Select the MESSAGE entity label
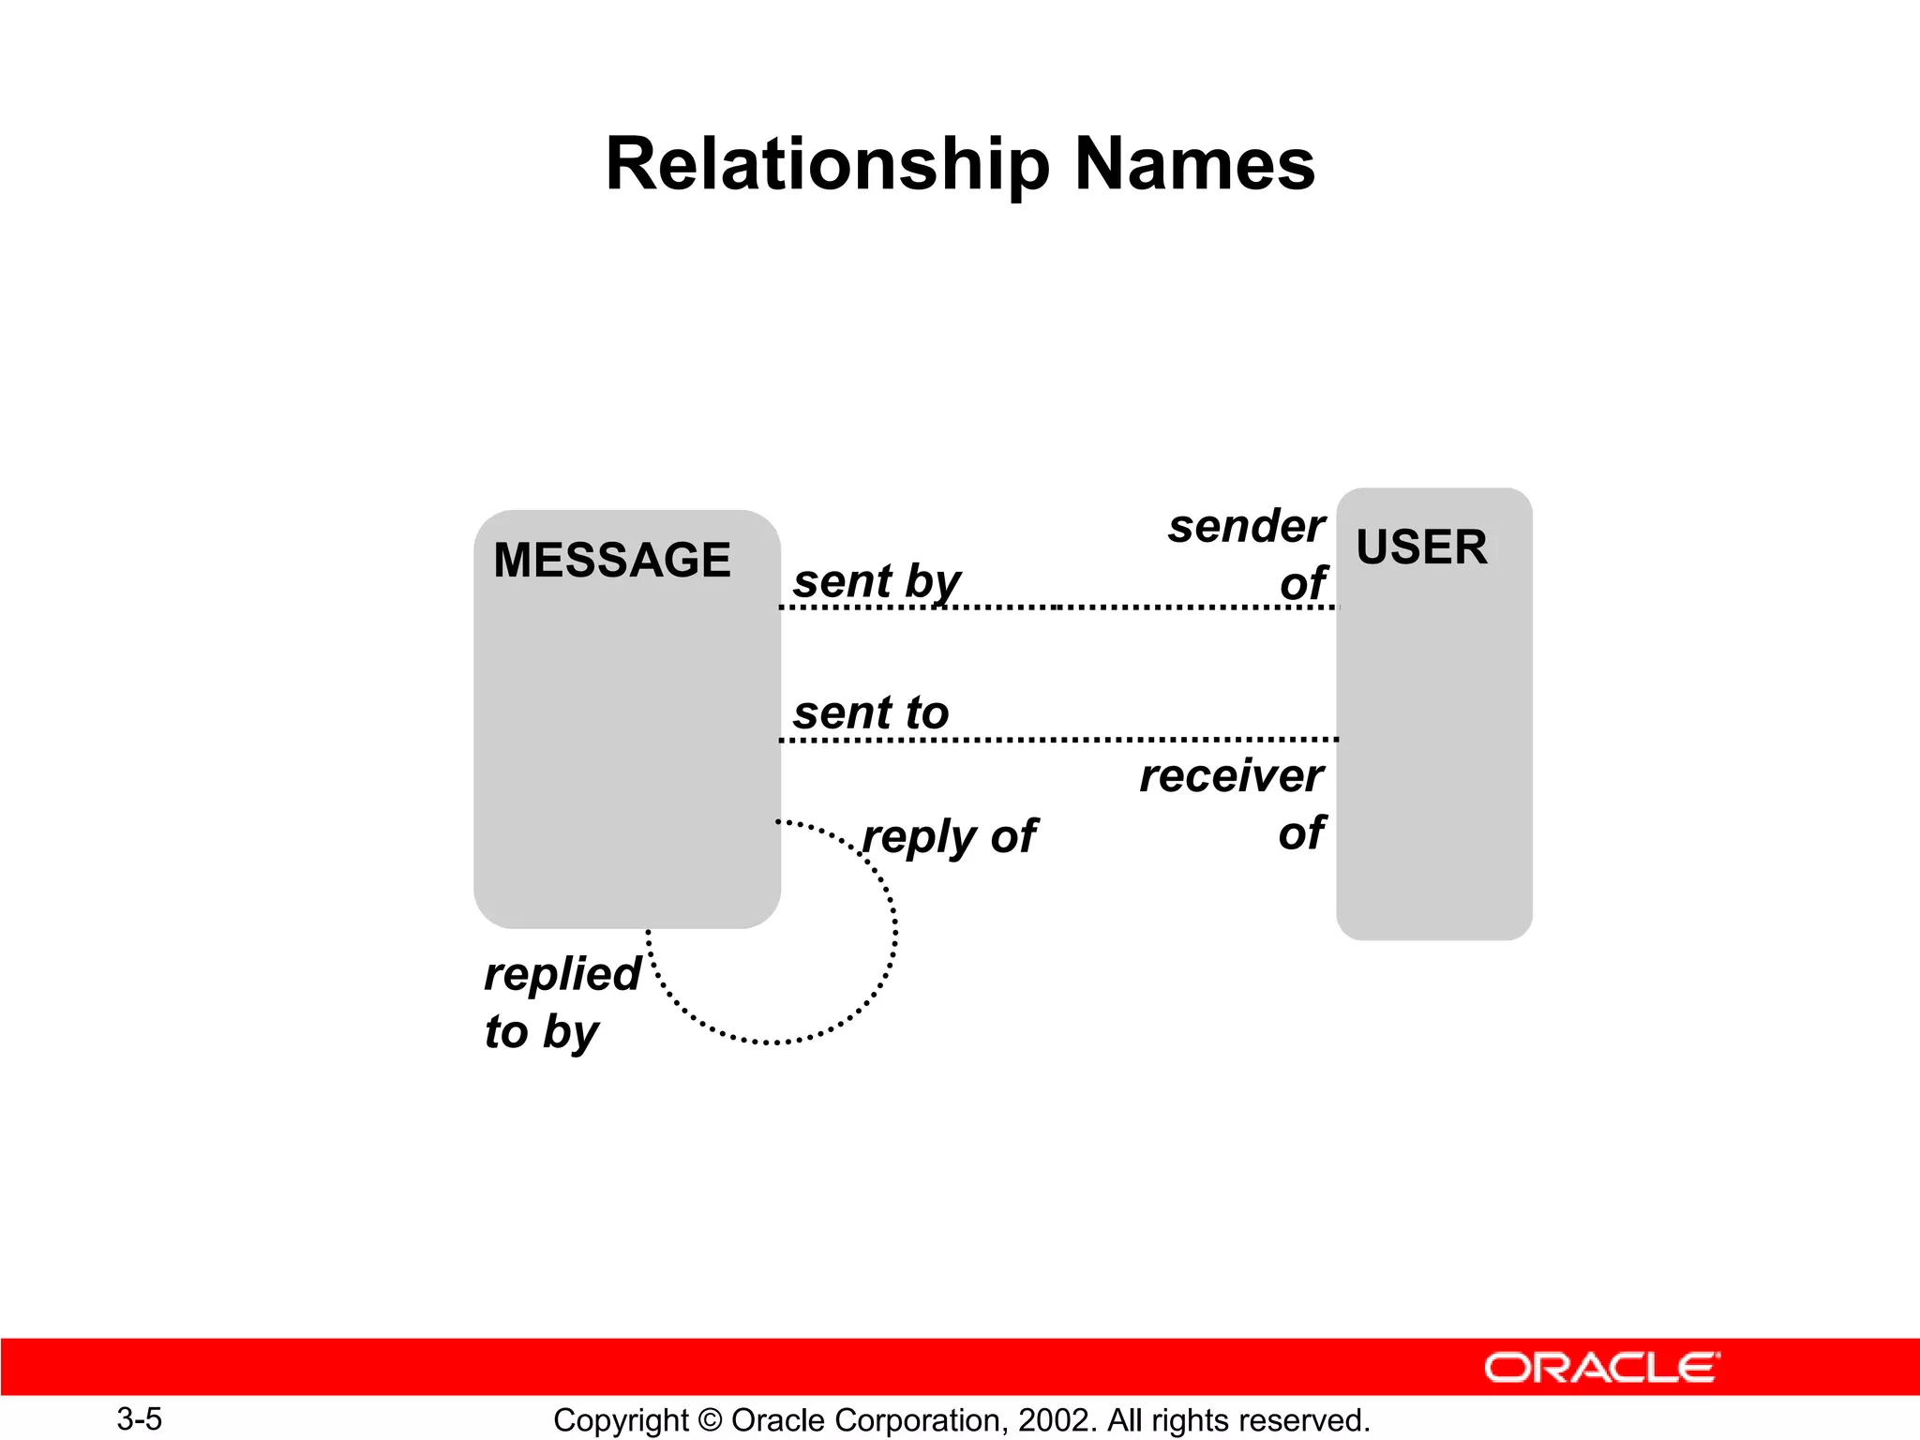[x=611, y=561]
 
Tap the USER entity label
[x=1421, y=547]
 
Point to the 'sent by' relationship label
[x=877, y=582]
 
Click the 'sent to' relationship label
[x=871, y=713]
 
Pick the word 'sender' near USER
[x=1246, y=527]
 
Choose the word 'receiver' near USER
[x=1231, y=776]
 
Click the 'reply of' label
[x=949, y=837]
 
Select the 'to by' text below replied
[x=541, y=1033]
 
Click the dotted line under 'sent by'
[x=1059, y=607]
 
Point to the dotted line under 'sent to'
[x=1059, y=740]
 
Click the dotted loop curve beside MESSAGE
[x=893, y=937]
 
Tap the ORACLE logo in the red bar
[x=1601, y=1368]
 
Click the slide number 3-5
[x=139, y=1419]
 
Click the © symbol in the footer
[x=710, y=1420]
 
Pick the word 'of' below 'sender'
[x=1303, y=584]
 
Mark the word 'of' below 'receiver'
[x=1301, y=833]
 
